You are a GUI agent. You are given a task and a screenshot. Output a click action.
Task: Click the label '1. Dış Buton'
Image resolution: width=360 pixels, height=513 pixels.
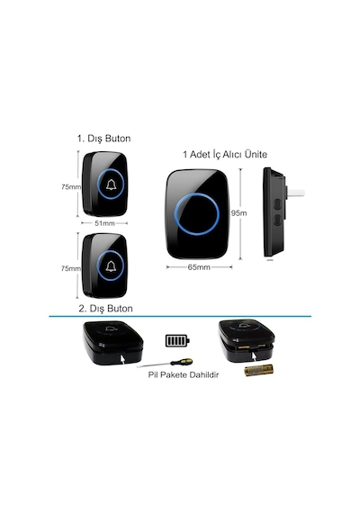[103, 139]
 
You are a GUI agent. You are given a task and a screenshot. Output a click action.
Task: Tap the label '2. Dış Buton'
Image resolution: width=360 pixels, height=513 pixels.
[105, 309]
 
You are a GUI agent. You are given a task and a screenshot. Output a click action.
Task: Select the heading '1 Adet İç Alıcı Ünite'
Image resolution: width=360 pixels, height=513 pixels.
[225, 155]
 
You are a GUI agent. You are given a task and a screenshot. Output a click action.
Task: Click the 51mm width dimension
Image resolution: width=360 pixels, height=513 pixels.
[104, 223]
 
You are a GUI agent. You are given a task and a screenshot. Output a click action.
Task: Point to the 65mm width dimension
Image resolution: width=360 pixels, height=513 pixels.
[199, 267]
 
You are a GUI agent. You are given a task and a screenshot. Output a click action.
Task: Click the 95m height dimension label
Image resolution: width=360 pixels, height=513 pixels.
[238, 213]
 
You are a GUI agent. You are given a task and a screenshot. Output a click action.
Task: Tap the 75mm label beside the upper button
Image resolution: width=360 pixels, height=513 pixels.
[71, 187]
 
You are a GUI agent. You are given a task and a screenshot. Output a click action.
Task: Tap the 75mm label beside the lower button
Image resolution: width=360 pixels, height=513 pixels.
[71, 268]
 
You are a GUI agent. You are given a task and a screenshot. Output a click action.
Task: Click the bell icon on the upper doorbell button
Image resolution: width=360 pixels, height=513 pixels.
[111, 184]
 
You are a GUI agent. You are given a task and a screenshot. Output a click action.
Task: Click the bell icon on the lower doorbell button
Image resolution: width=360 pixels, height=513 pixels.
[111, 266]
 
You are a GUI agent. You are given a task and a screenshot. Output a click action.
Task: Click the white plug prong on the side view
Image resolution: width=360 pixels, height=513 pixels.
[296, 193]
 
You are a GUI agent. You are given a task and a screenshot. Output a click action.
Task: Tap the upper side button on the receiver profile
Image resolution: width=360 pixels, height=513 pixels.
[277, 203]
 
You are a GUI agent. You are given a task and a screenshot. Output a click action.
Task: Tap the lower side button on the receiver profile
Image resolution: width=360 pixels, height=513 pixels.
[277, 220]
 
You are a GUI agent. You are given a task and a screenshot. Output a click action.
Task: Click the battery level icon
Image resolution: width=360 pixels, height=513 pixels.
[177, 340]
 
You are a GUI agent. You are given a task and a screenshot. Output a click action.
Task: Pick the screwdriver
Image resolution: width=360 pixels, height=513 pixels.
[166, 364]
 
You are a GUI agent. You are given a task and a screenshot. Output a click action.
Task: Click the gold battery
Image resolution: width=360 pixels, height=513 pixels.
[258, 370]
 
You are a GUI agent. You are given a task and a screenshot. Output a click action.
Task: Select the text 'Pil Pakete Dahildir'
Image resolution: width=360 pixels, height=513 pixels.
[184, 374]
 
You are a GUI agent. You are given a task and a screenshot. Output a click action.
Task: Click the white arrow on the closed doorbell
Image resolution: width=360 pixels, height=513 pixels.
[121, 358]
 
